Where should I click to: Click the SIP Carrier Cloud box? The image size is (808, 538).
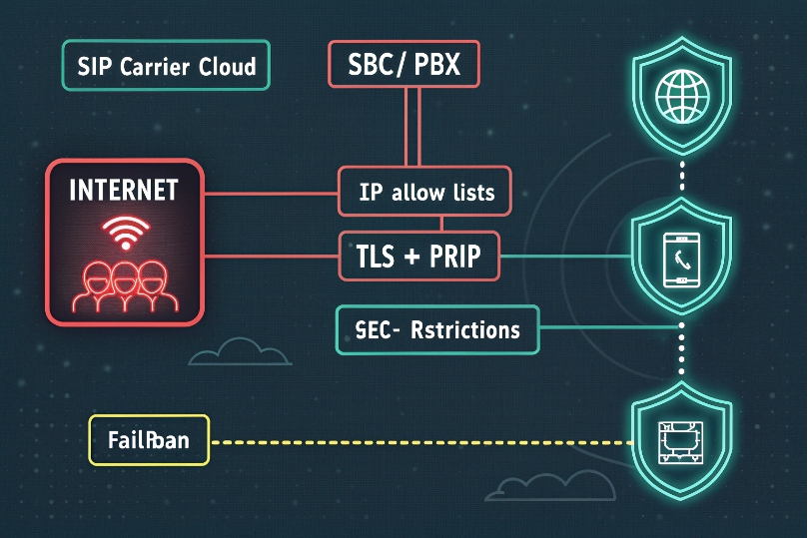tap(166, 67)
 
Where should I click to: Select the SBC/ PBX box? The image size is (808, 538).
tap(404, 67)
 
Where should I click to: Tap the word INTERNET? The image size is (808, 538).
tap(124, 190)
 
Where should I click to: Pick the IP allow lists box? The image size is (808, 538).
tap(424, 191)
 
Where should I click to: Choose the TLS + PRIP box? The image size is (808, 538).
tap(418, 258)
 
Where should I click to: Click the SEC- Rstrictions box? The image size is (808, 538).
tap(438, 328)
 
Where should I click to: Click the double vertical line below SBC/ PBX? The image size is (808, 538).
tap(409, 128)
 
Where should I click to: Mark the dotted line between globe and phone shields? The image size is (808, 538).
tap(681, 177)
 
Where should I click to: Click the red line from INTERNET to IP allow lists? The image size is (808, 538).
tap(270, 191)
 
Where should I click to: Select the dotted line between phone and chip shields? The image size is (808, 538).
tap(681, 349)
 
